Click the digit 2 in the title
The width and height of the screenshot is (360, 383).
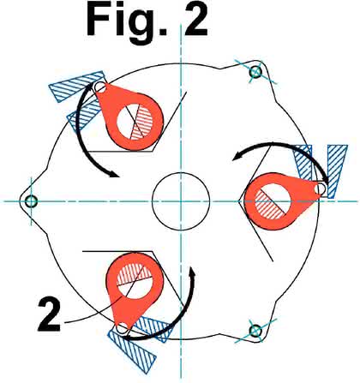click(x=195, y=22)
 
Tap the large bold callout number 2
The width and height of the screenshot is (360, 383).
click(x=49, y=314)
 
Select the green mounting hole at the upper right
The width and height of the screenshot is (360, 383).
click(x=255, y=72)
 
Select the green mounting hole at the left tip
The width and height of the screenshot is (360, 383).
click(x=31, y=201)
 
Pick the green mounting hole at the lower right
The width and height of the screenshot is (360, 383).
click(x=255, y=331)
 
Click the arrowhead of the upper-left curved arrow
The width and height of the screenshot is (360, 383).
click(x=113, y=173)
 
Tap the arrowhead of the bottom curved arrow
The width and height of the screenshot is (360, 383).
click(x=193, y=272)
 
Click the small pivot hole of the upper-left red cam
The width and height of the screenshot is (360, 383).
click(x=100, y=87)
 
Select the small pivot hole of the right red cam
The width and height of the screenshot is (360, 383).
click(x=321, y=189)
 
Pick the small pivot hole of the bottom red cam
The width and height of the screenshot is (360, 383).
click(x=123, y=328)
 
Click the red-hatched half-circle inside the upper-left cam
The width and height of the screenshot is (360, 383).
click(x=144, y=123)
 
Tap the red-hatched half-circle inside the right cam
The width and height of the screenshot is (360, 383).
click(x=268, y=206)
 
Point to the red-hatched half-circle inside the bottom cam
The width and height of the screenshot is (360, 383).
click(x=135, y=273)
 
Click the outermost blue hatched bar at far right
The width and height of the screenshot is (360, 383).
click(x=336, y=171)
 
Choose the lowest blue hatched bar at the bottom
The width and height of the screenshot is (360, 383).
click(x=132, y=352)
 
